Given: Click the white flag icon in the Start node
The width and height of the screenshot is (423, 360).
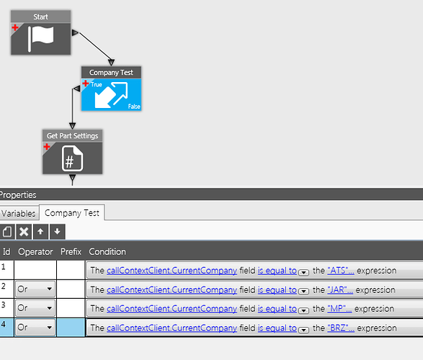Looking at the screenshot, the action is point(41,38).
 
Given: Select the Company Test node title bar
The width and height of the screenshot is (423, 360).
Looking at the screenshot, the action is point(111,72).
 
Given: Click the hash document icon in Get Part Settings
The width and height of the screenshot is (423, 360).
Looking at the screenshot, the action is point(72,158).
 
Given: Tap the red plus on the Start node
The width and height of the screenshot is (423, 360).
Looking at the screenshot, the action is point(15,27).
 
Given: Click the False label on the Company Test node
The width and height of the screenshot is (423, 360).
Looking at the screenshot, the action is point(134,107).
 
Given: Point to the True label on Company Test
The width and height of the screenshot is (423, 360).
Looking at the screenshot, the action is point(97,84).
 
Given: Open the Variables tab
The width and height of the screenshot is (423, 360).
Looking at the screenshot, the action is point(18,213).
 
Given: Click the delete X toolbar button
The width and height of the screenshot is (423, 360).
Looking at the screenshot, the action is point(24,231).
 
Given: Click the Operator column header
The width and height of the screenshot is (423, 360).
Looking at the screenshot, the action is point(35,252).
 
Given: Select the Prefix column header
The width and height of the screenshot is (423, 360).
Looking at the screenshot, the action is point(71,252).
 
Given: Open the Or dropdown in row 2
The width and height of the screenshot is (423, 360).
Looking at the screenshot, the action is point(35,289).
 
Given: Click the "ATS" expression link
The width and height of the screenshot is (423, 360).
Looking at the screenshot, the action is point(341,271).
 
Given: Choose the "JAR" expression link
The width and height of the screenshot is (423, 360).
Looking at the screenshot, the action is point(340,290).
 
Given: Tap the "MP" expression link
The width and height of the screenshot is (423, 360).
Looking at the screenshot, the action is point(339,309).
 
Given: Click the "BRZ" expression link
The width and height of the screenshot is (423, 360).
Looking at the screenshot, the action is point(341,328).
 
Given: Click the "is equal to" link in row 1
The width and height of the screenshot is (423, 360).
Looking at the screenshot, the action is point(277,271).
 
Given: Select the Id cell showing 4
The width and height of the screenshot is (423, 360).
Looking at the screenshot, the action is point(6,328).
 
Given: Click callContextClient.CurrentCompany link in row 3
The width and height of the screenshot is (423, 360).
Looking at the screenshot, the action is point(172,309).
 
